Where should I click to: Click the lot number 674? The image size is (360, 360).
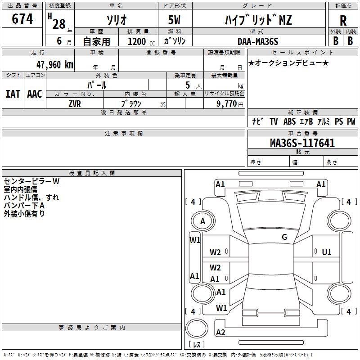tap(22, 18)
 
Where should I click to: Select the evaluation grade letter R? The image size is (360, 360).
tap(343, 21)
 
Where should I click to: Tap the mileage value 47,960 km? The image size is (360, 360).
tap(55, 65)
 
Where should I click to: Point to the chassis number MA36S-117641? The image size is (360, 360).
tap(302, 143)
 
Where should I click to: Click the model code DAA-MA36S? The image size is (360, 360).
tap(258, 41)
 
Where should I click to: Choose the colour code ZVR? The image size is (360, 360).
tap(75, 104)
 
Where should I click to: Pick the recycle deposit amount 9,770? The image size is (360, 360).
tap(227, 103)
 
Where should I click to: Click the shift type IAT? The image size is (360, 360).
tap(13, 94)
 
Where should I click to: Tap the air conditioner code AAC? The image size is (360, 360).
tap(35, 94)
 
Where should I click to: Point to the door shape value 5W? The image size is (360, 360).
tap(174, 20)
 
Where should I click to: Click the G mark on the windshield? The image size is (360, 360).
tap(284, 237)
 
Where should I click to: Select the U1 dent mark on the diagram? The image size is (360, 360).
tap(327, 252)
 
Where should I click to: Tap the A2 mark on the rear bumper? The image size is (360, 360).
tap(220, 333)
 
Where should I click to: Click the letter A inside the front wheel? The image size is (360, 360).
tap(202, 221)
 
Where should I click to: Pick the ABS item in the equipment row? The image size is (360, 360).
tap(289, 121)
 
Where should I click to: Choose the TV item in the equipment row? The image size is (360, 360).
tap(274, 121)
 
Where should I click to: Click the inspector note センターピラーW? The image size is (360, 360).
tap(31, 181)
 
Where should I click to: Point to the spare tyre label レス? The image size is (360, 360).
tap(197, 344)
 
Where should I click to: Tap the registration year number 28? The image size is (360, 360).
tap(59, 24)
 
